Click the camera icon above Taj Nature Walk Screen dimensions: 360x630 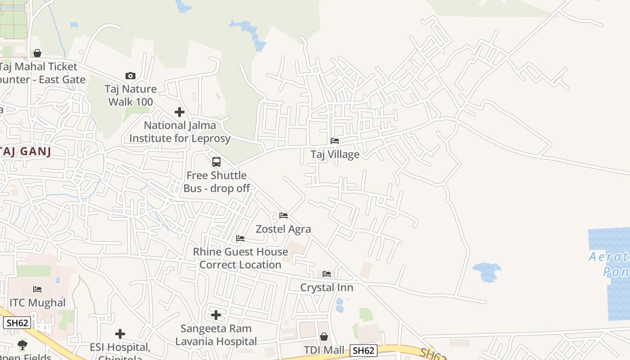click(130, 76)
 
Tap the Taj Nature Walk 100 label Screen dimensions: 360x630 click(130, 95)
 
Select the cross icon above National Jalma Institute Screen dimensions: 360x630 click(180, 112)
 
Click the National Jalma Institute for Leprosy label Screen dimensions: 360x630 click(180, 132)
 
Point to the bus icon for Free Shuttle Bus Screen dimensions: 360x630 click(216, 162)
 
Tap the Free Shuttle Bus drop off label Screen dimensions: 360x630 click(216, 182)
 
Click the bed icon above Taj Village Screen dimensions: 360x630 click(335, 141)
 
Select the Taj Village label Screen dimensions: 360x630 click(335, 154)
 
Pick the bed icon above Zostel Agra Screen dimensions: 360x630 click(283, 216)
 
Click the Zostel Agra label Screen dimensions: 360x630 click(283, 229)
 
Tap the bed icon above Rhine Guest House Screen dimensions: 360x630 click(240, 238)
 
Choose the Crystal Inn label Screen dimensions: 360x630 click(327, 288)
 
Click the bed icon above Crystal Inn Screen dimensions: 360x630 click(327, 274)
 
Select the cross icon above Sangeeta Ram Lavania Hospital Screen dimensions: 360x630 click(216, 315)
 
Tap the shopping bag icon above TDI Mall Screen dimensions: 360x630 click(324, 337)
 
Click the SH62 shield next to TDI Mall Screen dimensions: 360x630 click(363, 351)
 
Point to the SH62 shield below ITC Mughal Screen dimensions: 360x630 click(17, 323)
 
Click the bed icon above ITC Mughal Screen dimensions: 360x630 click(37, 289)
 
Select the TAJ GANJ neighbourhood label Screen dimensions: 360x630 click(26, 151)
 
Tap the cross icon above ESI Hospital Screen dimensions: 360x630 click(120, 334)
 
